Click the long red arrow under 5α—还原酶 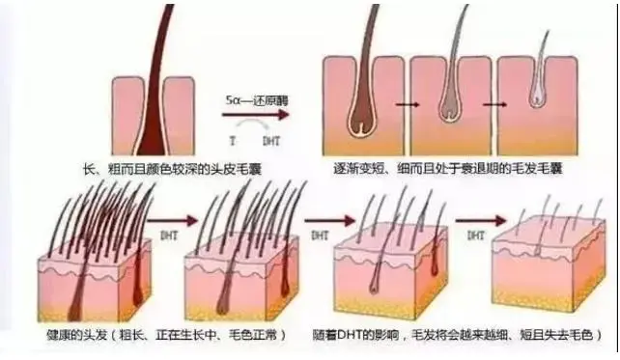click(255, 115)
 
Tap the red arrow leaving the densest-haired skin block click(168, 219)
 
